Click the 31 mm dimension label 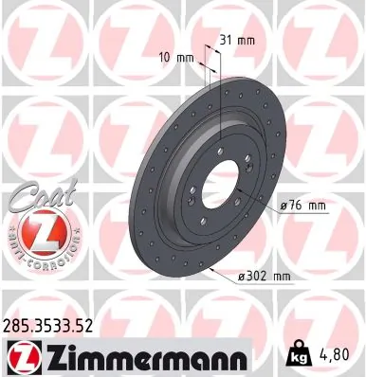click(x=238, y=42)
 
